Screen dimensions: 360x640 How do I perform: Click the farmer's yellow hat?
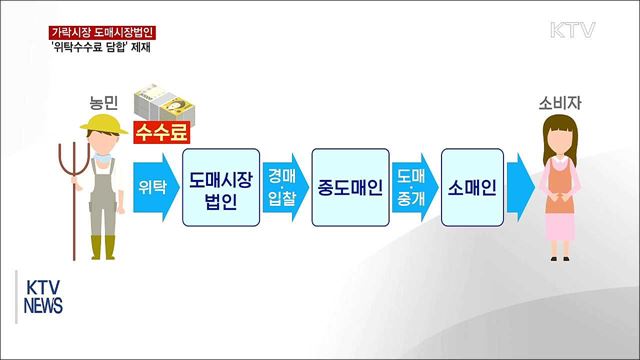[x=102, y=124]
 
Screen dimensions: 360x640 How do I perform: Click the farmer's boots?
[x=104, y=246]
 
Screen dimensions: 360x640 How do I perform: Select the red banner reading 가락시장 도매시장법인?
[x=103, y=31]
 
